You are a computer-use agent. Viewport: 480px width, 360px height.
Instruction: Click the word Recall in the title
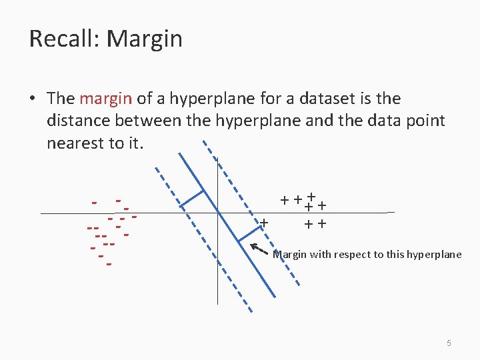[x=63, y=39]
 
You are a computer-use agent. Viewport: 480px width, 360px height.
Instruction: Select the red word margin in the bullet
[x=105, y=99]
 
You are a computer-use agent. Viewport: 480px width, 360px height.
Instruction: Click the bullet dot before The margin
[x=32, y=99]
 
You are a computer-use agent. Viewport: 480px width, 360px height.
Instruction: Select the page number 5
[x=449, y=343]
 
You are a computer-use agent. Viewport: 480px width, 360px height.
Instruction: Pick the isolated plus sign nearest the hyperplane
[x=265, y=222]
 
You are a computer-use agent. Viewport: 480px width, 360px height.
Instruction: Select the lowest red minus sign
[x=108, y=264]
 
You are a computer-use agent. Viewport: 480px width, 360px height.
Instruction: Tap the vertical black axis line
[x=217, y=267]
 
